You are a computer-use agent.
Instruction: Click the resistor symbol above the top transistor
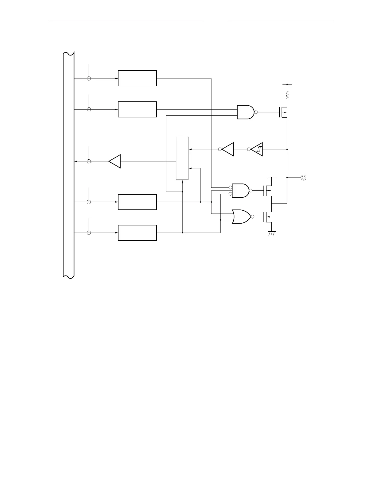point(287,96)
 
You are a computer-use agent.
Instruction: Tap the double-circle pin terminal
point(304,178)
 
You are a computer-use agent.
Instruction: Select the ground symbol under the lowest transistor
point(272,233)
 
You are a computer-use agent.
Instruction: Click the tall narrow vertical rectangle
point(182,158)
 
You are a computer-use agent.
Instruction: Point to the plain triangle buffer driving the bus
point(115,161)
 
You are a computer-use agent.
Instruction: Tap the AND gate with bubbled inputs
point(241,190)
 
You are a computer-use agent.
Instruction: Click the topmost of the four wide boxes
point(137,78)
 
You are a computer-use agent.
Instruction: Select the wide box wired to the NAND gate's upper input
point(137,109)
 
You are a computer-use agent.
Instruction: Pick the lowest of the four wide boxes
point(137,233)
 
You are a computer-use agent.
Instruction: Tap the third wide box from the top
point(137,202)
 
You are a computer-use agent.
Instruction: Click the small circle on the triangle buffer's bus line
point(89,161)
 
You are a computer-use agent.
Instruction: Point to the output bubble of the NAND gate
point(256,112)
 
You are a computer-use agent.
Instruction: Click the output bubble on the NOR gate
point(253,216)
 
